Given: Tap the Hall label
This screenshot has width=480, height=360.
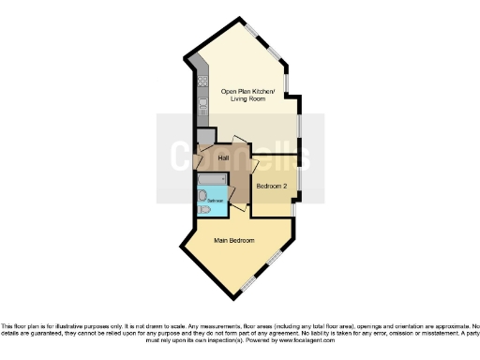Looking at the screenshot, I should (x=224, y=157).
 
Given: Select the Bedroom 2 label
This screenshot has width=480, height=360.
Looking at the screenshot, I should (x=272, y=186).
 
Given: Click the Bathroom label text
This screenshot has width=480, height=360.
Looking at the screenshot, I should (x=215, y=202).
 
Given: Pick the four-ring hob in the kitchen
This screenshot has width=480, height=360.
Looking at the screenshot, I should (x=202, y=81).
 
